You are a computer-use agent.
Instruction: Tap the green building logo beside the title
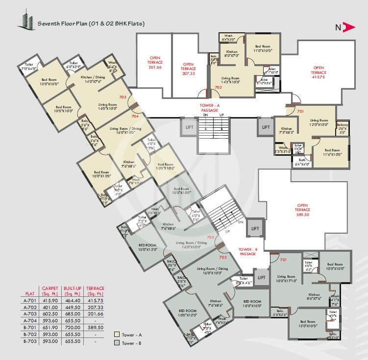point(24,20)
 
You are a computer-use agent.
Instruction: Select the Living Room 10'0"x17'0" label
point(287,279)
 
